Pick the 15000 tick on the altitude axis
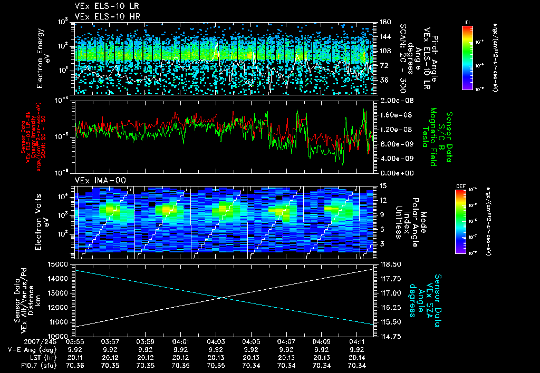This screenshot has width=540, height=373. [58, 264]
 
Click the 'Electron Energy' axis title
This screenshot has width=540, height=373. [40, 58]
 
